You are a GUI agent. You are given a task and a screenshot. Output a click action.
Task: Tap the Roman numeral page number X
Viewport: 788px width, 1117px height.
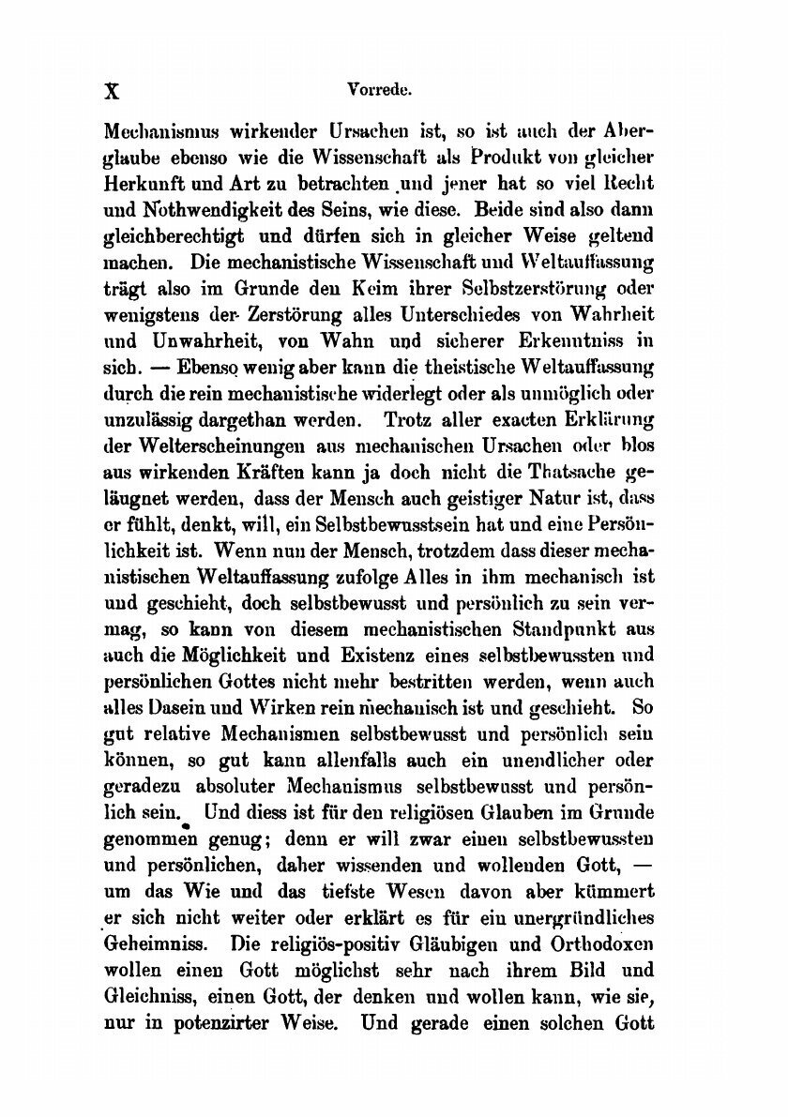click(114, 93)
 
